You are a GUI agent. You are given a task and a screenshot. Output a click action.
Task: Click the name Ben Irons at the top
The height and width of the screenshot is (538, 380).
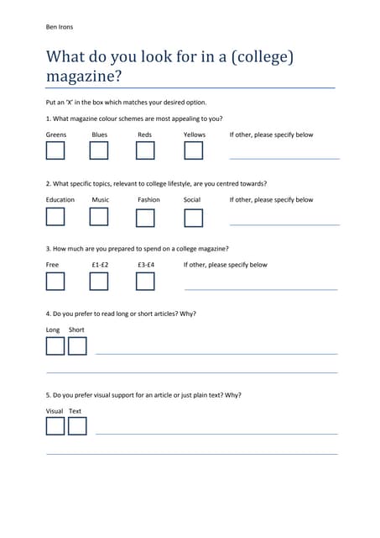point(60,27)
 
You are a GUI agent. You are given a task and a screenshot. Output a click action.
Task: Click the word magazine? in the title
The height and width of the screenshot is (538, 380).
point(84,76)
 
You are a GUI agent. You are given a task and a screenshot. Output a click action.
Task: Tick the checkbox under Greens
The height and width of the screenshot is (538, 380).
point(55,150)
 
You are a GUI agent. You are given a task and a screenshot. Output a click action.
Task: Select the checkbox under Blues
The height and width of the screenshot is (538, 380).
point(99,150)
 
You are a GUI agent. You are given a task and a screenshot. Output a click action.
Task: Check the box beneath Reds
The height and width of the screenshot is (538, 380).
point(145,150)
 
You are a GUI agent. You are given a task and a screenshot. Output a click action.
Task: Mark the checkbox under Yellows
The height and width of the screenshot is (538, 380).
point(194,150)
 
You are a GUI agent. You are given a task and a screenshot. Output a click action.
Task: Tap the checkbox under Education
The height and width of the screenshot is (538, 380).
point(55,217)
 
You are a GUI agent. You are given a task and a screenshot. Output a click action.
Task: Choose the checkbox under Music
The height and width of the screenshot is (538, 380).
point(99,217)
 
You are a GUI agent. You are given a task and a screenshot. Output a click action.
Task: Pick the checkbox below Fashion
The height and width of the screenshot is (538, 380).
point(145,218)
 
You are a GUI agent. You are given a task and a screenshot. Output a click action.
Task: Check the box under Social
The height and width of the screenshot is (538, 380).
point(194,218)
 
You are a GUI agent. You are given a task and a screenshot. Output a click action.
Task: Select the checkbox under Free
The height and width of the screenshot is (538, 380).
point(55,282)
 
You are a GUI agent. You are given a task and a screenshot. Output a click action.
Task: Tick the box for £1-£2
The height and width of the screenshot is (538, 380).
point(99,282)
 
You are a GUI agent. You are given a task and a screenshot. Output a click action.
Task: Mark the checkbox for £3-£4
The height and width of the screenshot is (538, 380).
point(145,282)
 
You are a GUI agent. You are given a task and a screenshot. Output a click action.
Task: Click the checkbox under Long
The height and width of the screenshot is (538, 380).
point(55,346)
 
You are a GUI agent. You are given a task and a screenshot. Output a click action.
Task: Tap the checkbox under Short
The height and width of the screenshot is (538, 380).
point(77,346)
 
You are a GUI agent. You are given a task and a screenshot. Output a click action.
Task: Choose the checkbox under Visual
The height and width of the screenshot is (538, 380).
point(55,426)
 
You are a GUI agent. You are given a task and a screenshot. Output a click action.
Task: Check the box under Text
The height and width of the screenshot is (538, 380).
point(77,426)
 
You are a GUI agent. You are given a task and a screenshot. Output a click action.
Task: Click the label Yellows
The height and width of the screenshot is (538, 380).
point(194,134)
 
